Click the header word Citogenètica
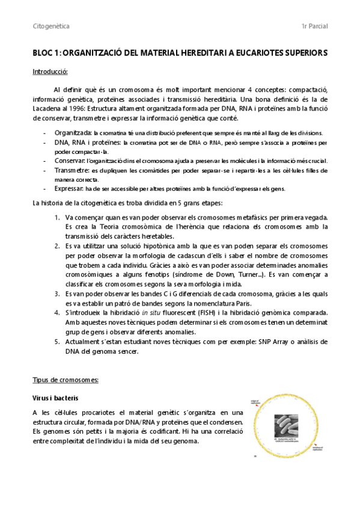(50, 27)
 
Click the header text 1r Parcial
(314, 27)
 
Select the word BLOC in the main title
(43, 53)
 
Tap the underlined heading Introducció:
(50, 72)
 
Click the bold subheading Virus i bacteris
(55, 398)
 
